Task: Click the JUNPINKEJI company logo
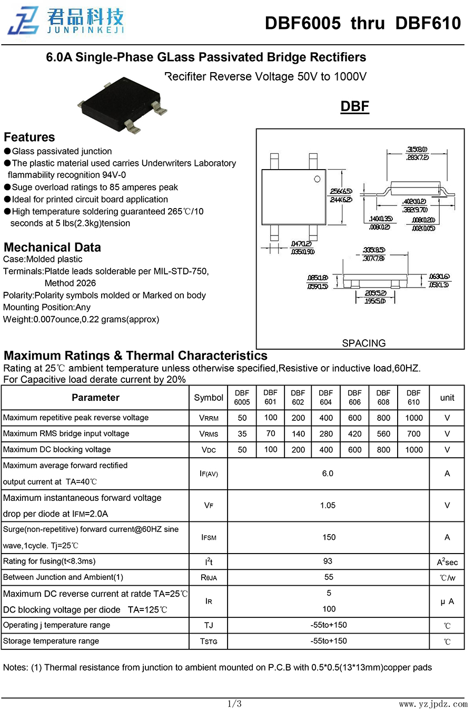(x=65, y=21)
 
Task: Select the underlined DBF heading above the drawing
(x=354, y=106)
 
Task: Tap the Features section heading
(x=29, y=137)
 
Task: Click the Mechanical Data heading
(x=52, y=248)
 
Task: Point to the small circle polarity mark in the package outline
(x=317, y=179)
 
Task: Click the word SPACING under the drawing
(x=363, y=343)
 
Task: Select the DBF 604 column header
(x=326, y=397)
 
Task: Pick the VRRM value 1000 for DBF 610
(x=413, y=418)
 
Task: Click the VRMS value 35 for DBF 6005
(x=242, y=434)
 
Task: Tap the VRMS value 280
(x=326, y=434)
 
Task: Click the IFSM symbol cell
(x=209, y=537)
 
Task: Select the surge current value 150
(x=329, y=537)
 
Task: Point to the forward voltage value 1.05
(x=328, y=505)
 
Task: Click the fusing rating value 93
(x=328, y=561)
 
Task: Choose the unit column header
(x=447, y=398)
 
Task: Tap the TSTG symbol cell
(x=209, y=641)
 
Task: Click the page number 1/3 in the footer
(x=234, y=703)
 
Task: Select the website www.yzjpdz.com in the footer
(x=433, y=704)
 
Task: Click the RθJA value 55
(x=329, y=577)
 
